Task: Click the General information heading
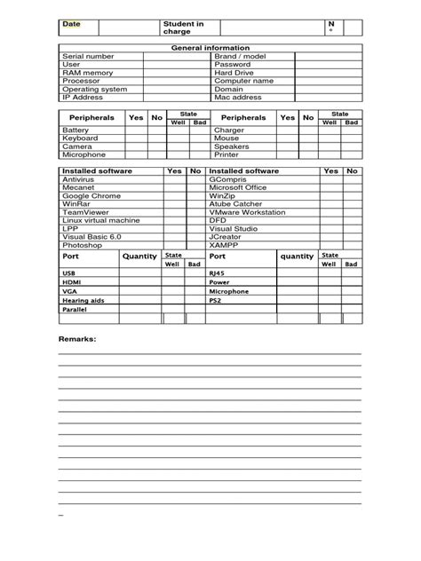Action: click(x=210, y=47)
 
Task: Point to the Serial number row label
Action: click(x=88, y=56)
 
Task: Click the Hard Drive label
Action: click(x=234, y=72)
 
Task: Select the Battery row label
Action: click(x=75, y=130)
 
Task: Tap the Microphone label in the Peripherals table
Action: click(x=83, y=154)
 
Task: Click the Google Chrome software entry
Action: click(x=91, y=195)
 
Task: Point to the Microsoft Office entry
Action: click(x=237, y=187)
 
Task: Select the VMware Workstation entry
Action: click(x=247, y=212)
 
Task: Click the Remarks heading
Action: click(x=77, y=340)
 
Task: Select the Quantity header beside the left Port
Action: click(x=139, y=257)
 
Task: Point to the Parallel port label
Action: click(x=75, y=310)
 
